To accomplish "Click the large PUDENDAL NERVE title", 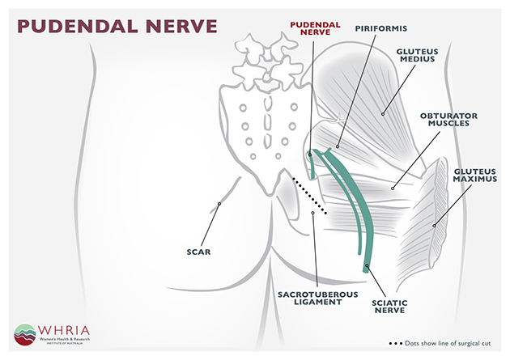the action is click(117, 27).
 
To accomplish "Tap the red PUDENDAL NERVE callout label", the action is click(315, 28).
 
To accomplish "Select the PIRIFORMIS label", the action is click(380, 28).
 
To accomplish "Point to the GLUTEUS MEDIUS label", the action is click(417, 55).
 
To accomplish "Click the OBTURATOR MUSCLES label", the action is click(448, 120).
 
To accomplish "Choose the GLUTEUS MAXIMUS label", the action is click(475, 176).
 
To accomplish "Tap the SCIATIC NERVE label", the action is click(389, 307).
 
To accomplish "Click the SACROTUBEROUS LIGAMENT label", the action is click(318, 299).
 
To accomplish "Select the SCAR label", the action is click(198, 252).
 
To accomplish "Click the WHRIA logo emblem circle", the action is click(25, 335).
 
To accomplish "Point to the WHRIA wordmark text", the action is click(64, 330).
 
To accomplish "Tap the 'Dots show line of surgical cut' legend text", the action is click(448, 344).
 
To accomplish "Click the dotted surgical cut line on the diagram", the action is click(309, 196).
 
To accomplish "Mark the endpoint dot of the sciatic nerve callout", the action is click(367, 265).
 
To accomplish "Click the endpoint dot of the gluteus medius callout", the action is click(383, 114).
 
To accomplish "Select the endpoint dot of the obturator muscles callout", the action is click(393, 188).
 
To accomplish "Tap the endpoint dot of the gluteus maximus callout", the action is click(434, 226).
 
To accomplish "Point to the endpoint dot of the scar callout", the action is click(219, 204).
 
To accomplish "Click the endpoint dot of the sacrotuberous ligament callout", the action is click(313, 213).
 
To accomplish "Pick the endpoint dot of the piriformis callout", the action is click(338, 147).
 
